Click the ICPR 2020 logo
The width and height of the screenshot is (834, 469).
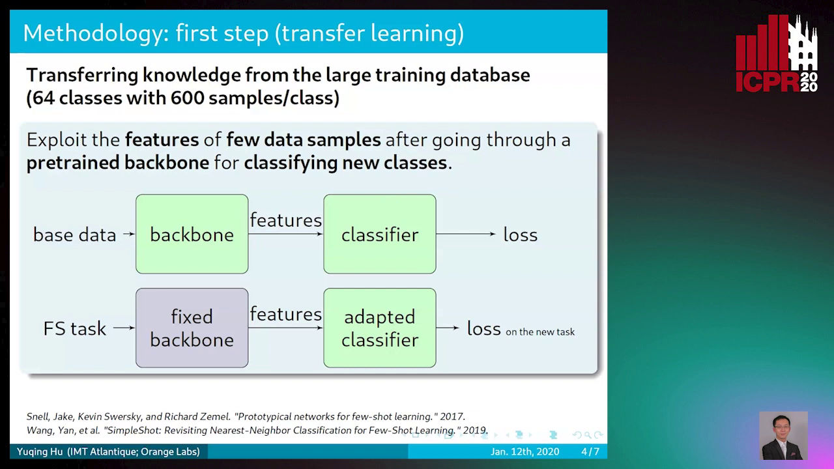pos(777,53)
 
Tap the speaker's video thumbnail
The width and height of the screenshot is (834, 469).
pos(783,436)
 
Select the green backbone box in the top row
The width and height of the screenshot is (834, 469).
pos(192,234)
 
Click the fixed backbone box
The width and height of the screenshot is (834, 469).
pos(192,328)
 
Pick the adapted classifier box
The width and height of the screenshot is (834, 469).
pos(380,328)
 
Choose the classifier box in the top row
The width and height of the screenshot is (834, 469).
pos(380,234)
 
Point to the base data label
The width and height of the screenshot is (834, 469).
pos(74,235)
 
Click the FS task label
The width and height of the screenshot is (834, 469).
pos(74,329)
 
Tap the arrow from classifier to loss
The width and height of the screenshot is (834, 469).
pos(466,234)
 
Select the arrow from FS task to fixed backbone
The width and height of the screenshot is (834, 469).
pos(124,328)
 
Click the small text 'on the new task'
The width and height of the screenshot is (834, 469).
pos(540,332)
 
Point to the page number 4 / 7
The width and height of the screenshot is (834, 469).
pos(590,451)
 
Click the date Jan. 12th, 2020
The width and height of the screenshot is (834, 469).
pos(525,451)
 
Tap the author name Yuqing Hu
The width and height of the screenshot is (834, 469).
pos(40,451)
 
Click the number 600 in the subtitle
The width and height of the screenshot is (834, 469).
pos(188,98)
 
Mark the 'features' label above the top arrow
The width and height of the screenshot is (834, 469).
pos(285,220)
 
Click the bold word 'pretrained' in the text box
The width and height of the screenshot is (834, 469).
pos(72,163)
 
